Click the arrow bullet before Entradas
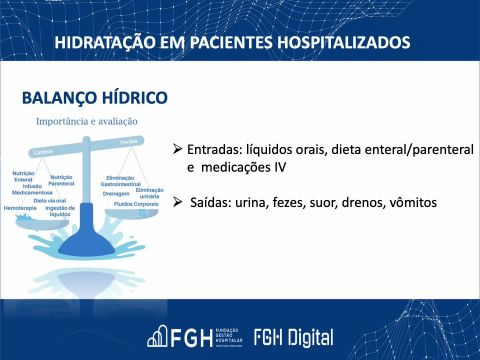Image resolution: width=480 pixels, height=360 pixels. coord(177,149)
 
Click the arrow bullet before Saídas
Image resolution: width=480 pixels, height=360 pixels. coord(177,203)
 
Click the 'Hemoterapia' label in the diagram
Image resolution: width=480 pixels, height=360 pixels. coord(21,208)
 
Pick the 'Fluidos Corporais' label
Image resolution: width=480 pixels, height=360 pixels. coord(137,204)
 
